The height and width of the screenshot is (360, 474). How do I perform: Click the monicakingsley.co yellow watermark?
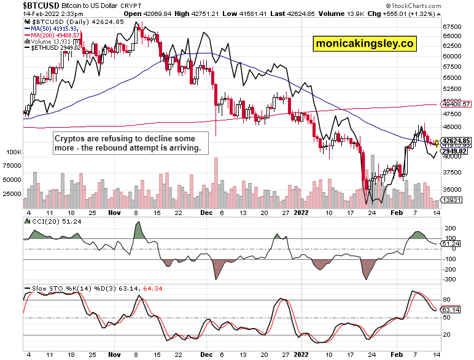point(365,44)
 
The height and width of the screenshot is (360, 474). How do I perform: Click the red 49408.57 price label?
point(455,104)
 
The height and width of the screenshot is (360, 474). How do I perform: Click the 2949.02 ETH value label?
point(455,151)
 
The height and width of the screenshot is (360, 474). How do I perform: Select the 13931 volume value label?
point(454,201)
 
